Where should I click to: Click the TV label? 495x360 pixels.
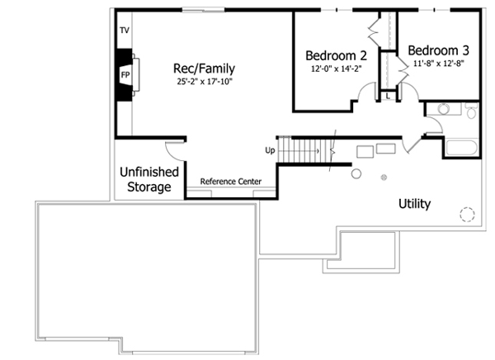click(125, 30)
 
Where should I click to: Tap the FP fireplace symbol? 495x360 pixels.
click(125, 74)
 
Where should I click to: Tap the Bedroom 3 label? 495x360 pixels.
click(432, 49)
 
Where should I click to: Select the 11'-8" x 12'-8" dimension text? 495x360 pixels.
click(432, 63)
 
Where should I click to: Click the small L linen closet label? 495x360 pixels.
click(388, 97)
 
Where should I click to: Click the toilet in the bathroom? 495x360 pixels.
click(470, 110)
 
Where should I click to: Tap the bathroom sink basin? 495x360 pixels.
click(443, 109)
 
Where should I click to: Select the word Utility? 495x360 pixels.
click(414, 203)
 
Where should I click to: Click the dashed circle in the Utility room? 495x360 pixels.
click(468, 214)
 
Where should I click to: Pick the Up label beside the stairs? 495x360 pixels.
click(270, 150)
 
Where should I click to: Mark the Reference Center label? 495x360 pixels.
click(231, 182)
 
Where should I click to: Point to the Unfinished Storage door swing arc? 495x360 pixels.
click(173, 149)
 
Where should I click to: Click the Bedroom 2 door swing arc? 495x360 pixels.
click(365, 97)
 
